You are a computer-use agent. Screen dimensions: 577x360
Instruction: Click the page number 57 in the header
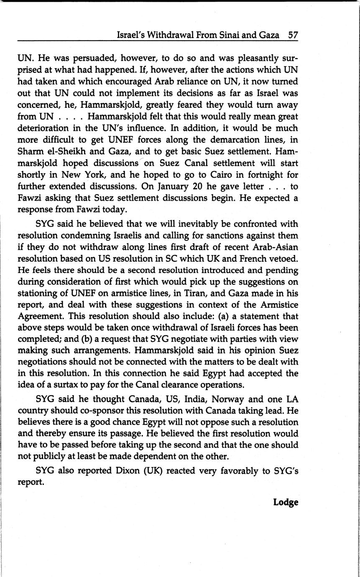(x=293, y=35)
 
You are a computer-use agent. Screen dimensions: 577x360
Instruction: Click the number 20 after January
(x=197, y=186)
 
